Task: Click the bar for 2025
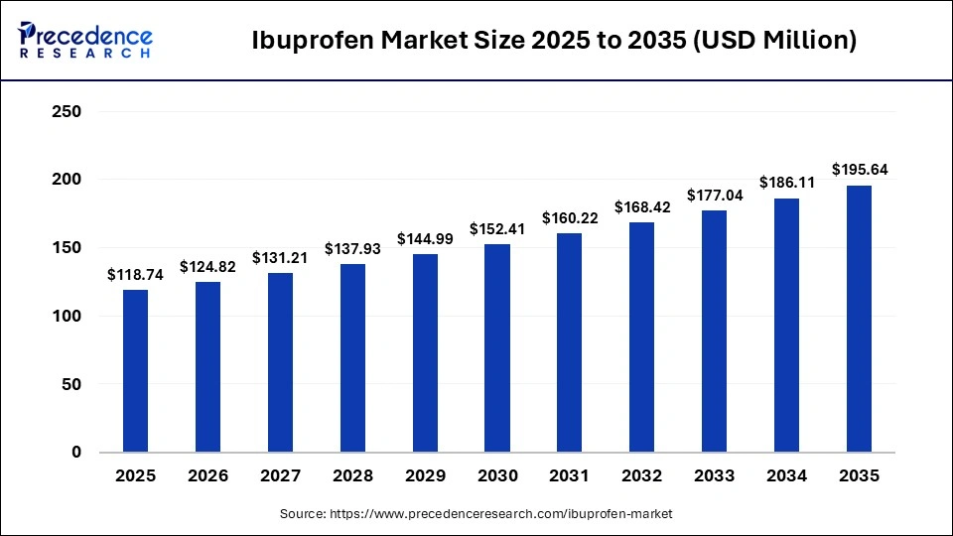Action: coord(135,370)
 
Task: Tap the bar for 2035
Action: coord(859,319)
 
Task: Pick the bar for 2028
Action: coord(352,357)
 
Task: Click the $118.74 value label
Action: coord(135,275)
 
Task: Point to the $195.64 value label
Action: coord(859,171)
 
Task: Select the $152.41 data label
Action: coord(496,229)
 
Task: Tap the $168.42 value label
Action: coord(641,207)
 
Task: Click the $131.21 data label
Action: coord(280,258)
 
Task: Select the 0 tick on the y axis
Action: coord(75,453)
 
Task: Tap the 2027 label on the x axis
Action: coord(280,476)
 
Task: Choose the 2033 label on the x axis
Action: coord(714,476)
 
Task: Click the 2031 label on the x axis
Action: coord(569,476)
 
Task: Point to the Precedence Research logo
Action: coord(85,40)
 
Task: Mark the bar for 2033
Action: coord(714,331)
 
